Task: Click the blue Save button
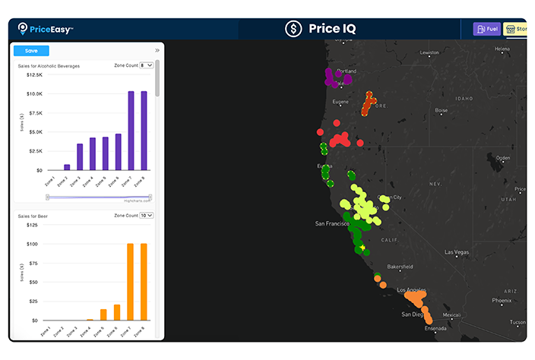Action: pos(31,51)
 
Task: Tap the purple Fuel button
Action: pos(487,29)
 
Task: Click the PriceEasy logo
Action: pos(46,29)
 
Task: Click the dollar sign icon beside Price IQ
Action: pos(293,29)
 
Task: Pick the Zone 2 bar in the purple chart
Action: pos(67,167)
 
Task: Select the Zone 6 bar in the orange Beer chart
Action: pos(117,312)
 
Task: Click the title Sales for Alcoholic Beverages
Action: pos(49,66)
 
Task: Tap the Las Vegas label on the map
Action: pos(457,252)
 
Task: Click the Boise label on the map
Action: pos(441,110)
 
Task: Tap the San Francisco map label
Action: pos(332,223)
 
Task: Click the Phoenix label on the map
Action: pos(501,300)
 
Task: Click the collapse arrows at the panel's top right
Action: pos(157,50)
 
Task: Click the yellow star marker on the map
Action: pos(363,248)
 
